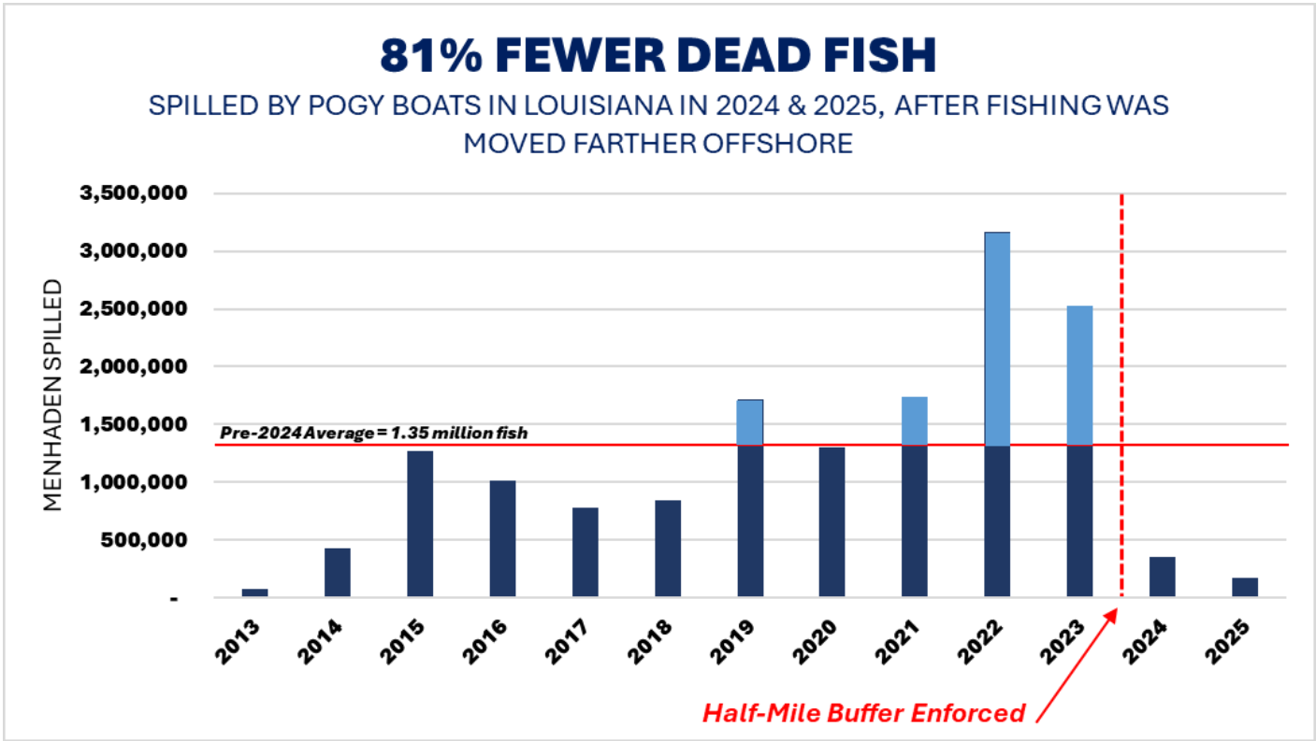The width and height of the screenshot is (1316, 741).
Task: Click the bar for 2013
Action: point(254,592)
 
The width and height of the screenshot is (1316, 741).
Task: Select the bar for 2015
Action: point(420,524)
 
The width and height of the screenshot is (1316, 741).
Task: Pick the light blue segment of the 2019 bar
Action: point(750,422)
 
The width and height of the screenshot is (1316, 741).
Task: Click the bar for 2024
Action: point(1162,577)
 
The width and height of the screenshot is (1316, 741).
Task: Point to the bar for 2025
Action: point(1245,587)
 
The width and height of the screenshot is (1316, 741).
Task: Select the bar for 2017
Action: point(586,552)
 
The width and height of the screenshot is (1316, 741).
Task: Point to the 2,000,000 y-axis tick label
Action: point(137,367)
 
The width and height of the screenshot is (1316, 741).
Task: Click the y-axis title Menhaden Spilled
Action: point(53,395)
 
